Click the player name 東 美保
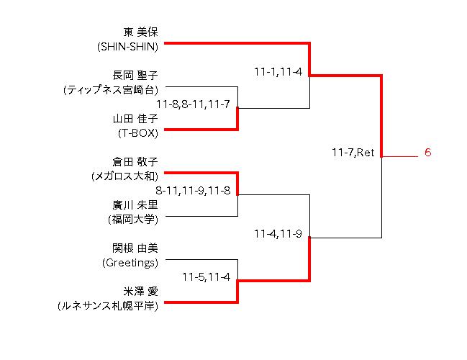tap(140, 32)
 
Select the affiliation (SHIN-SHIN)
tap(127, 47)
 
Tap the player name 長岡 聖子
tap(135, 75)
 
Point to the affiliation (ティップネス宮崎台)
tap(110, 90)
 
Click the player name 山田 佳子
tap(135, 119)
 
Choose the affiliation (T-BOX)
tap(137, 133)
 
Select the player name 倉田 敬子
tap(135, 161)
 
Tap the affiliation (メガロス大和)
tap(124, 176)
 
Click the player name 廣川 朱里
tap(135, 204)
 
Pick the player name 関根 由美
tap(135, 248)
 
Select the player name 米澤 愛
tap(140, 291)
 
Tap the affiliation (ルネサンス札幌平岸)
tap(108, 306)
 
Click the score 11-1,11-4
tap(277, 72)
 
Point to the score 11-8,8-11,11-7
tap(196, 104)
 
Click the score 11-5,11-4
tap(206, 276)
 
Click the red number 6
tap(427, 153)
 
